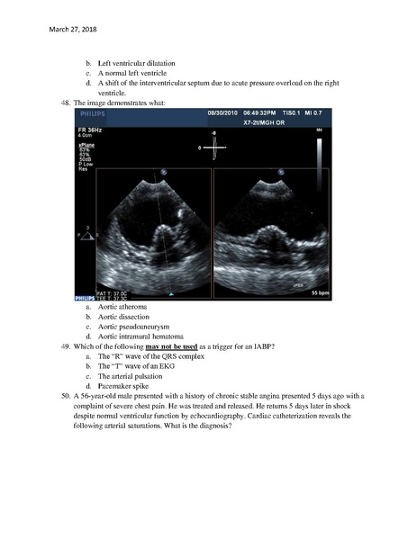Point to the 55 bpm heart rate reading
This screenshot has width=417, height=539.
click(x=321, y=293)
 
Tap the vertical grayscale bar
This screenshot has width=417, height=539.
click(x=320, y=162)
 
